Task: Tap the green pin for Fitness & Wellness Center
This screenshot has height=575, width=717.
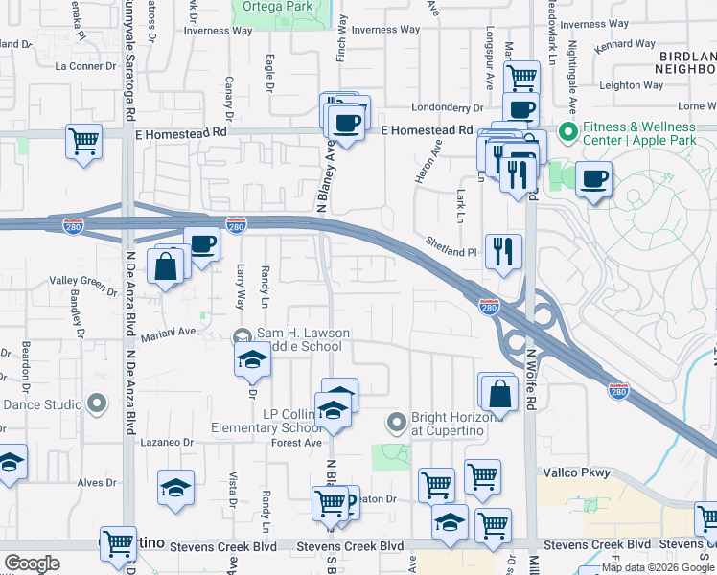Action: (567, 130)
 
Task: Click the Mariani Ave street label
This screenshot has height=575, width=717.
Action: (169, 332)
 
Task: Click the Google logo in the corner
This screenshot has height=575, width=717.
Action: (32, 563)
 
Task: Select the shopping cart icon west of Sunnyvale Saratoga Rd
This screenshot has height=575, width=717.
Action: (84, 142)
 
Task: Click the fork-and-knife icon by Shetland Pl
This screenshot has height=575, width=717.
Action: (503, 251)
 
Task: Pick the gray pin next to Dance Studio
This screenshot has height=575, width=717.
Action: (96, 404)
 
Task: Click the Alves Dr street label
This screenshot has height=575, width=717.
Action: (97, 483)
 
